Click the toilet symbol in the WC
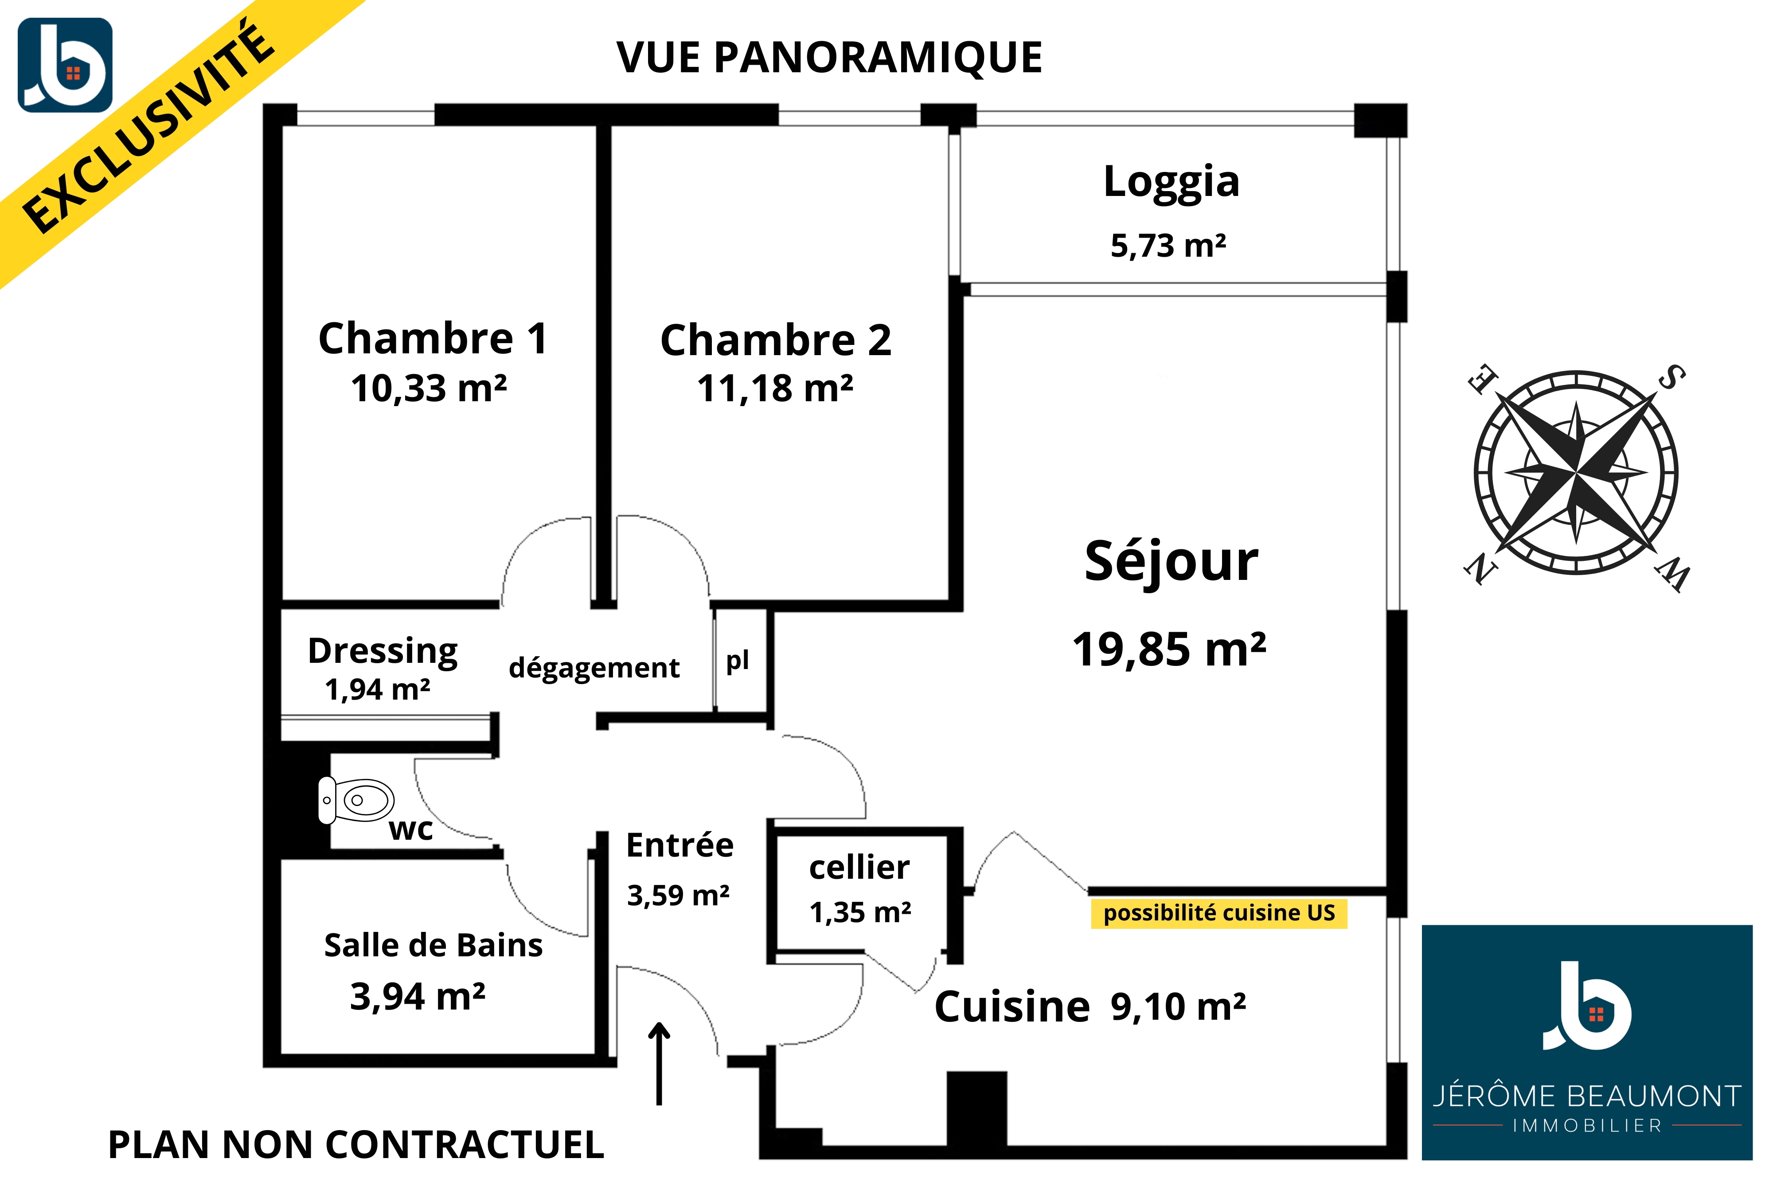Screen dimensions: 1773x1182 pyautogui.click(x=355, y=800)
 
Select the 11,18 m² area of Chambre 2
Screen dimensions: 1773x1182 pyautogui.click(x=775, y=388)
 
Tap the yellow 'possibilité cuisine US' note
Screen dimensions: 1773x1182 pyautogui.click(x=1218, y=913)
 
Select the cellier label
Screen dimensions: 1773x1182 pyautogui.click(x=859, y=868)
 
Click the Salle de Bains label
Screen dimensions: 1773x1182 pyautogui.click(x=433, y=945)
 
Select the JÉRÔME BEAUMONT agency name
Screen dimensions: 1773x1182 pyautogui.click(x=1587, y=1096)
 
